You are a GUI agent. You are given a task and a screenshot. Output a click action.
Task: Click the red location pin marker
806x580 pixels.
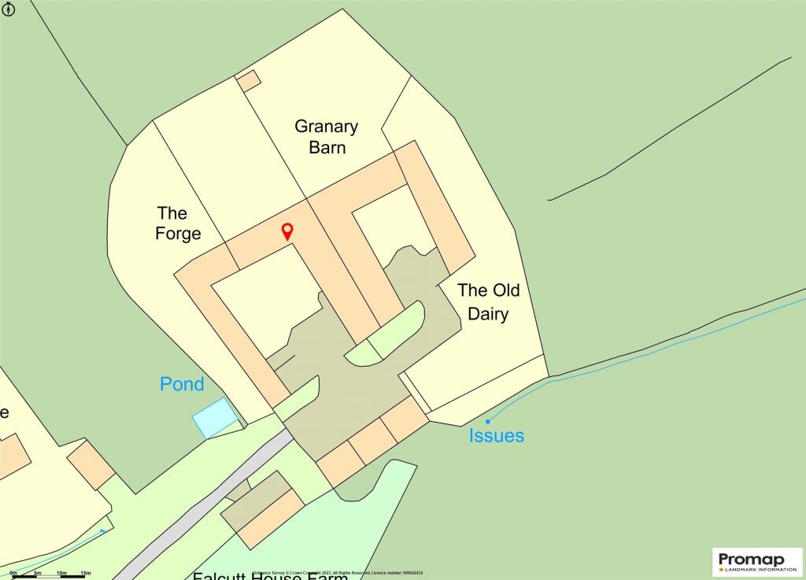click(x=287, y=231)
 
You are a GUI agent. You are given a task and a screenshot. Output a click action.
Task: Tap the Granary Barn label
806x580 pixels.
click(x=327, y=136)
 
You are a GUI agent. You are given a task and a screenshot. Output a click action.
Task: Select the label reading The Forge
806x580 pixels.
click(x=179, y=223)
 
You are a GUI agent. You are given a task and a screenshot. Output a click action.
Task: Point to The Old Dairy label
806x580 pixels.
click(x=489, y=302)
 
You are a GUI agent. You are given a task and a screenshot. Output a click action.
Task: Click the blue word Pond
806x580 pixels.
click(x=182, y=384)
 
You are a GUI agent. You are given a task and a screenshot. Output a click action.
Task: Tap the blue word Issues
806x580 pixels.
click(x=497, y=435)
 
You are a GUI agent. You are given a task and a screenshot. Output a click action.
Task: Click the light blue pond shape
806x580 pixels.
click(x=215, y=417)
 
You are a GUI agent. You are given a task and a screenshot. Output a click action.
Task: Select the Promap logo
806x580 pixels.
click(x=758, y=562)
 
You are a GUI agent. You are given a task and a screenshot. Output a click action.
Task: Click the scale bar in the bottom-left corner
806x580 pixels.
click(x=47, y=576)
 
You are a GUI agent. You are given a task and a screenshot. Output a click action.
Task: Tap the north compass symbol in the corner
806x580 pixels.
click(x=8, y=9)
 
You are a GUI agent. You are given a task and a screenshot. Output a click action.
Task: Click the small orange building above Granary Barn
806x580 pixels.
click(x=249, y=80)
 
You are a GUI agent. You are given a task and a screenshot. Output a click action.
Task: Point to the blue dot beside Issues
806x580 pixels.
click(x=487, y=422)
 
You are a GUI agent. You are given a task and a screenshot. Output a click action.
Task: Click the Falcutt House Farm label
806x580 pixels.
click(x=270, y=575)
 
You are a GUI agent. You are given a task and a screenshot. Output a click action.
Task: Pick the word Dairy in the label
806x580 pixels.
click(x=489, y=314)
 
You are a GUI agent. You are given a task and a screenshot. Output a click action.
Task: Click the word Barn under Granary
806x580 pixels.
click(x=327, y=147)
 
